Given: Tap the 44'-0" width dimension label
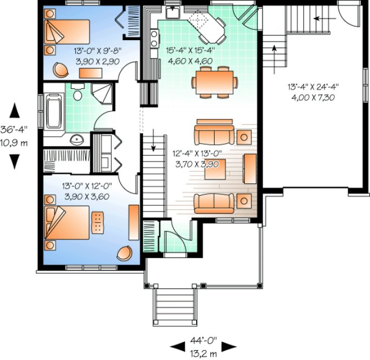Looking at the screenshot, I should click(203, 341).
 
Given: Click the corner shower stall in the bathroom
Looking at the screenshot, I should click(104, 92).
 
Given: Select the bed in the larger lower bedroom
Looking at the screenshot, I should click(68, 222).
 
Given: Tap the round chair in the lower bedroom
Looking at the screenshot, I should click(126, 253).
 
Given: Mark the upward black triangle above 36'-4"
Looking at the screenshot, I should click(15, 110).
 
